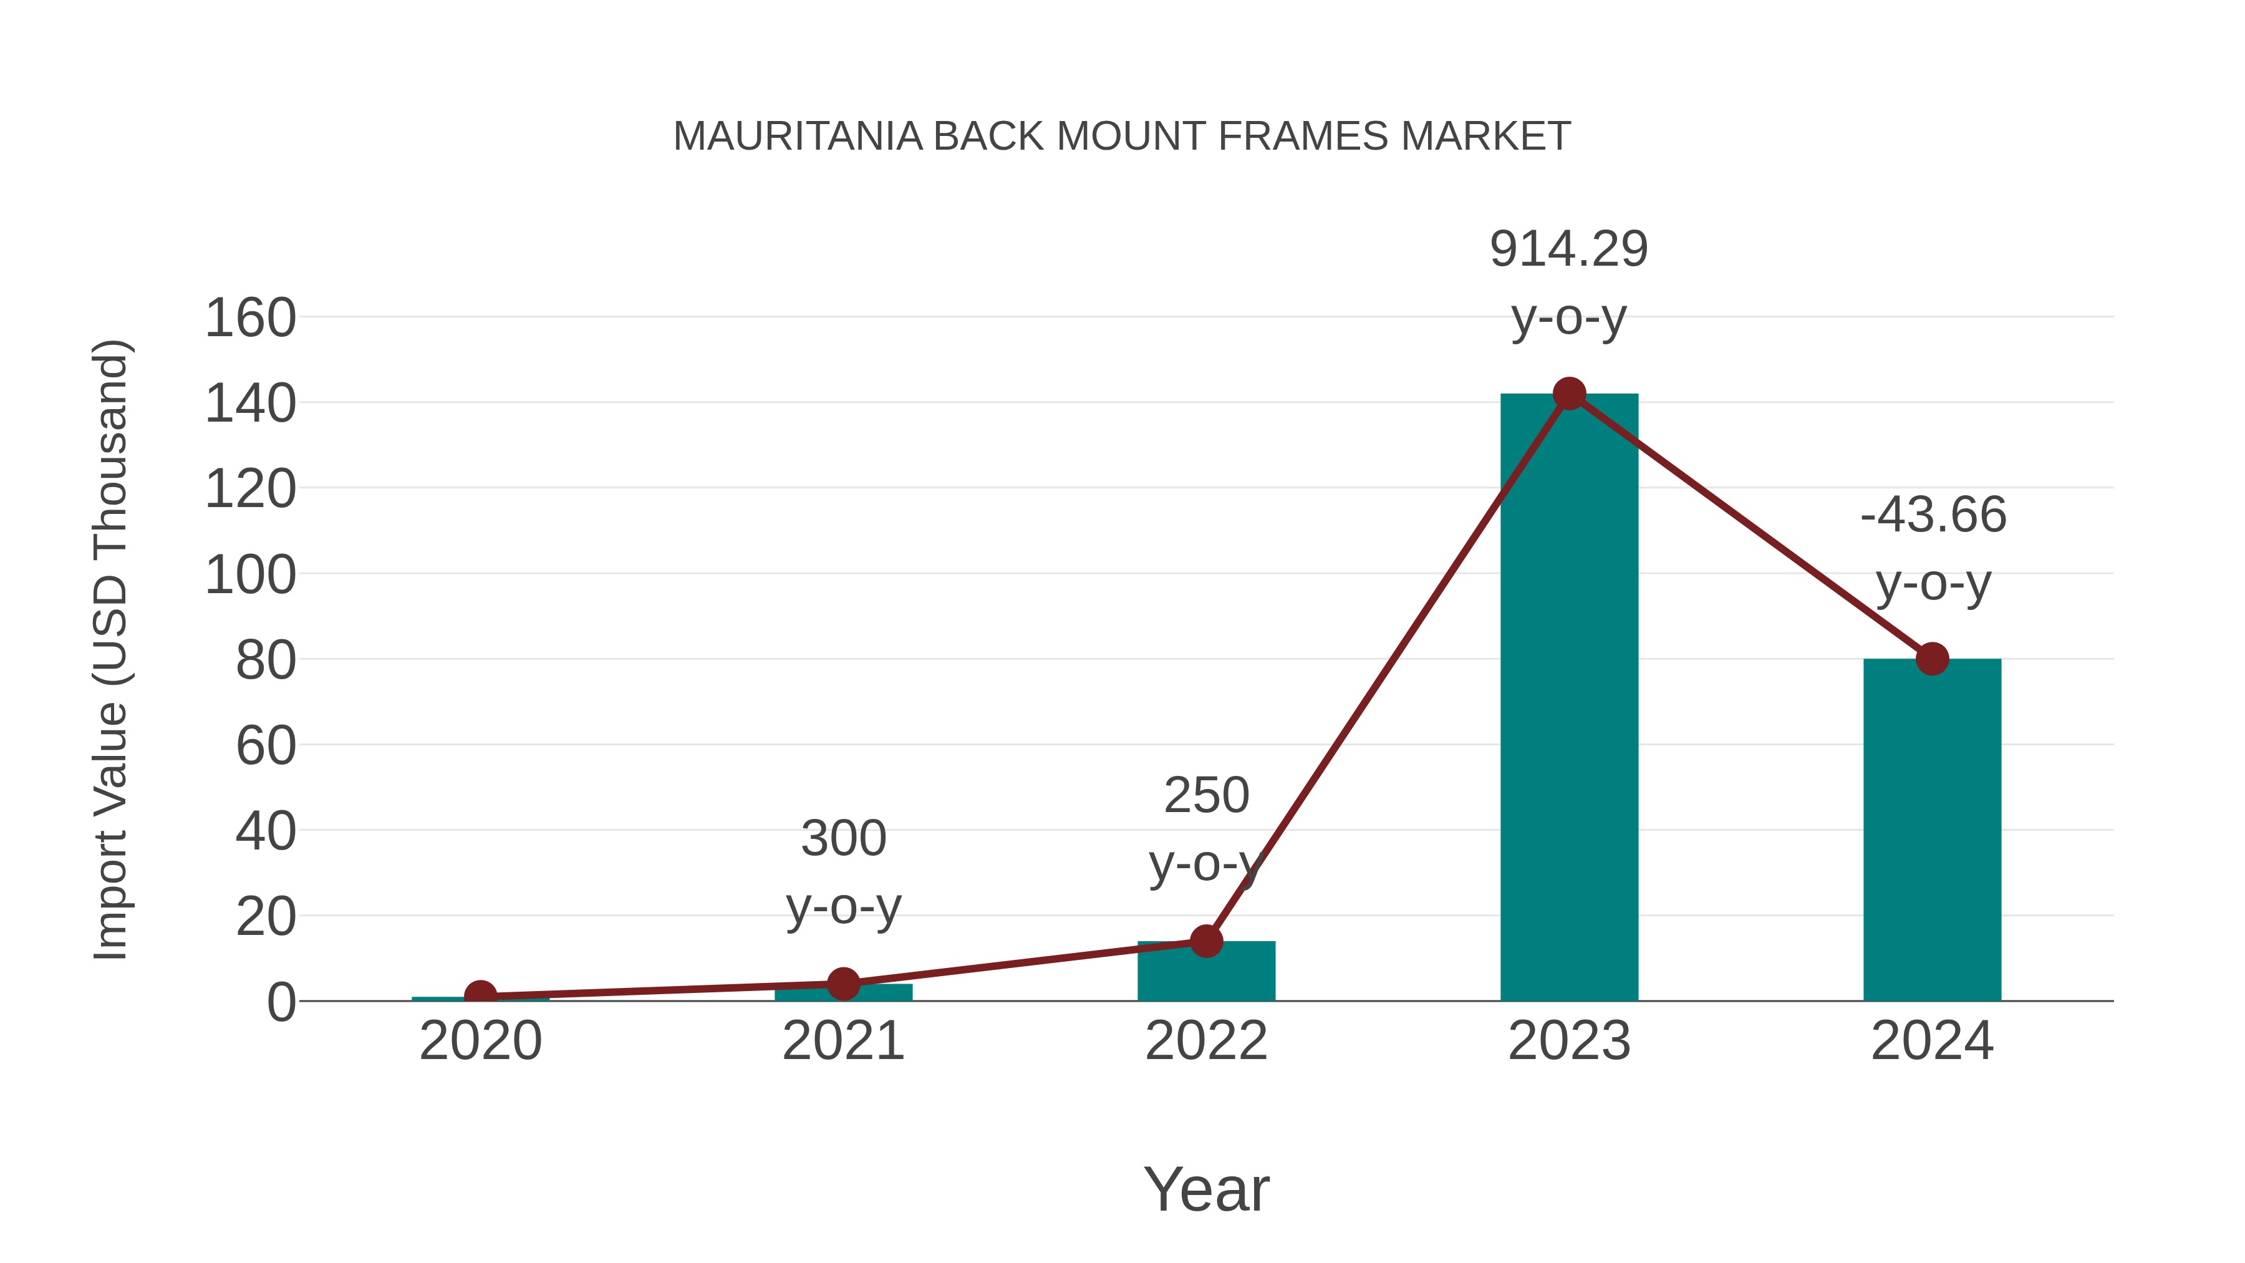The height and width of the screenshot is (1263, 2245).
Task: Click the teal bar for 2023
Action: coord(1569,697)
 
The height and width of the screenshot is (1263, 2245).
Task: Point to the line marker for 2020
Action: coord(480,995)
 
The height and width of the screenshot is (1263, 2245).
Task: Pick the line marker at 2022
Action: coord(1206,941)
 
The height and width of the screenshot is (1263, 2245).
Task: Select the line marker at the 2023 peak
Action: coord(1569,394)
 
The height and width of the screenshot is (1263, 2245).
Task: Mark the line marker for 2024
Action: coord(1932,659)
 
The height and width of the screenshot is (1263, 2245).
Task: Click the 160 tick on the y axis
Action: coord(250,318)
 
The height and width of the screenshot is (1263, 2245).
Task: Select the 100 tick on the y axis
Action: coord(250,575)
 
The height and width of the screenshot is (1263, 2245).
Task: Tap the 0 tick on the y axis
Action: coord(281,1002)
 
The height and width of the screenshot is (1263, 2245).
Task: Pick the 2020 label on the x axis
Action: coord(480,1042)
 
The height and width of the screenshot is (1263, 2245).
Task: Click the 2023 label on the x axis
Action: coord(1569,1042)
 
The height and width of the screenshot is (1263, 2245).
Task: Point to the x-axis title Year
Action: coord(1206,1190)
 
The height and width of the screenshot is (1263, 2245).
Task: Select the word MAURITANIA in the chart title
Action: coord(798,137)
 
